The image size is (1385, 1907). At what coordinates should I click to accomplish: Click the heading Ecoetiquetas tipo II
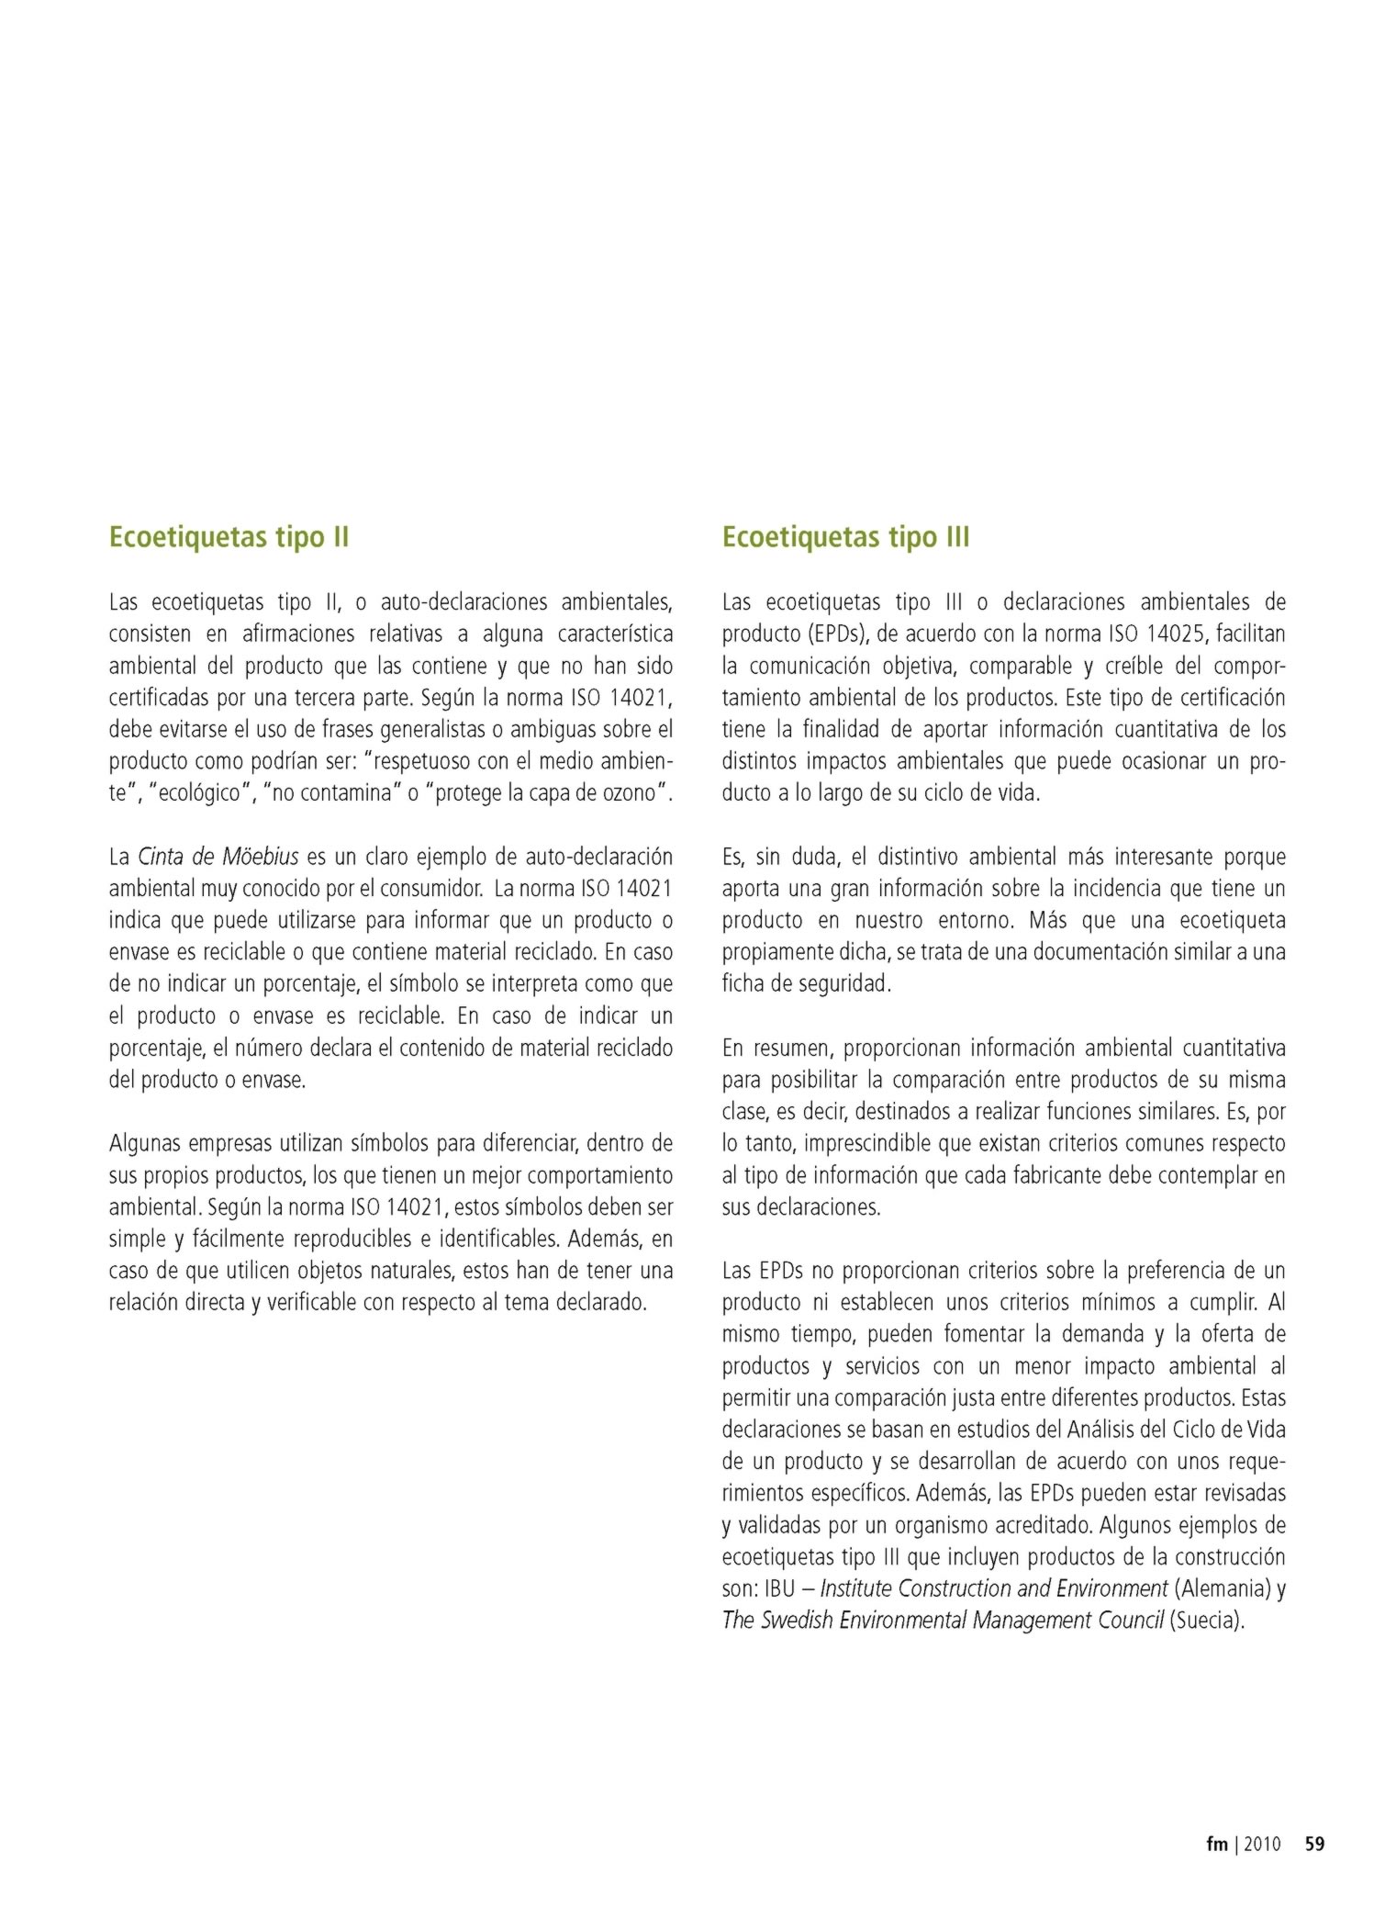229,537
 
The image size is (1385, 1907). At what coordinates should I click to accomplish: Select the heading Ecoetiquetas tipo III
845,537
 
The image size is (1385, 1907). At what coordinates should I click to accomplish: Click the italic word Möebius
261,857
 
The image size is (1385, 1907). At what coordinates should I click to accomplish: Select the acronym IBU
779,1588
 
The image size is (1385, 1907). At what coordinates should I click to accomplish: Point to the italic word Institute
855,1588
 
